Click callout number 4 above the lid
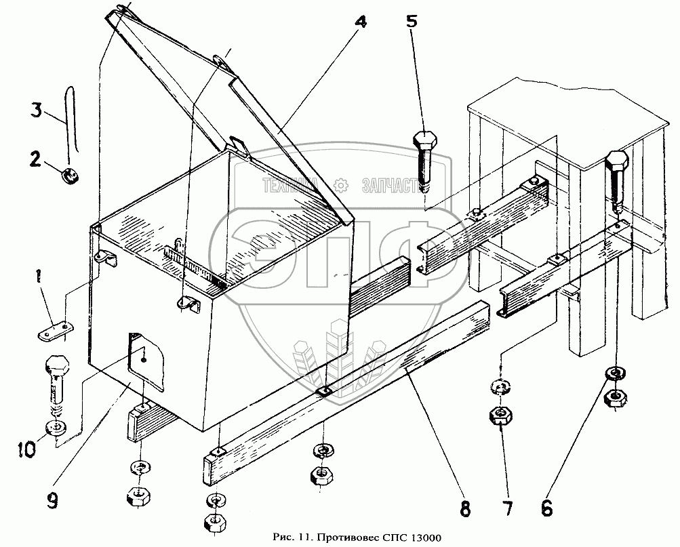[x=360, y=22]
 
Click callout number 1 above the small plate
[x=40, y=277]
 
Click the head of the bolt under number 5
[x=424, y=142]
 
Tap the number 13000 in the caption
[x=423, y=538]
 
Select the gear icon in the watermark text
[x=342, y=183]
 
